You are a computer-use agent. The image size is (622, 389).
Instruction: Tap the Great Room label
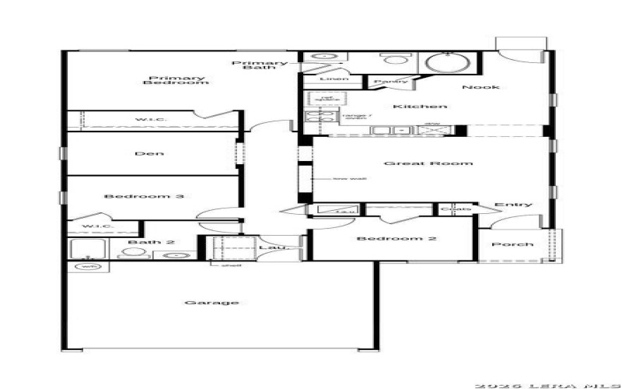click(428, 163)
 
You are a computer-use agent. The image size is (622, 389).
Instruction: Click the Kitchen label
click(419, 106)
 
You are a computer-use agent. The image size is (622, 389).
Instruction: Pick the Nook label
click(480, 87)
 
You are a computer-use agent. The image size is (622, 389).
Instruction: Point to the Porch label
click(515, 244)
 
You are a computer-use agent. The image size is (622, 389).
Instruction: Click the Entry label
click(514, 205)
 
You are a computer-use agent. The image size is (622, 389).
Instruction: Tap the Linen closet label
click(328, 80)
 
